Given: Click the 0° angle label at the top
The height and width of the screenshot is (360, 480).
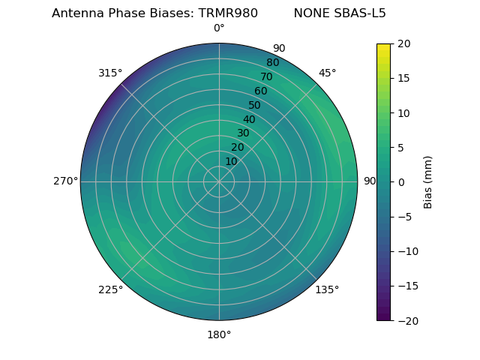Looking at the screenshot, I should coord(219,28).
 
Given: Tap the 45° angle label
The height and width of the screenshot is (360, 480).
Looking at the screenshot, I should coord(327,73).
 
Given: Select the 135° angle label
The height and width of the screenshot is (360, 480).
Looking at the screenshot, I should coord(327,289).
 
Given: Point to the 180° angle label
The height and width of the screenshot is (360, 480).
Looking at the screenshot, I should coord(219,334).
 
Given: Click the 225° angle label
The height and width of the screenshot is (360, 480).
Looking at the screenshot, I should coord(110,289).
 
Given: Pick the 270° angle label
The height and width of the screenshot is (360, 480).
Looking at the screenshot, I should coord(65,181).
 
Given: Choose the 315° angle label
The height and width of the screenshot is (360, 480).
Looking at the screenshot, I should coord(110,73).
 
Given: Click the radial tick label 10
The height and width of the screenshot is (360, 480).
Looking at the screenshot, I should coord(231,162).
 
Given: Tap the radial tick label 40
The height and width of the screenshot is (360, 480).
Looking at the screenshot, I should coord(249,119).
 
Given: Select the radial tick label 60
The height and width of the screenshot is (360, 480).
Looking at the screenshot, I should coord(260,91).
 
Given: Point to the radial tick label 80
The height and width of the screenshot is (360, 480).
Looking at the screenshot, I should coord(272,63).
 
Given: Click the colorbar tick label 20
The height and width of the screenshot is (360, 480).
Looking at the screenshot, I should coord(403,43).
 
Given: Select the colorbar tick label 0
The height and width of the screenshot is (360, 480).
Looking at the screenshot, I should coord(400,182).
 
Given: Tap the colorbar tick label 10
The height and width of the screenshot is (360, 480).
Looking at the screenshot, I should coord(403,112).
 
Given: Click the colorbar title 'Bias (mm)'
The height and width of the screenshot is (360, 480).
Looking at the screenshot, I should coord(428,182).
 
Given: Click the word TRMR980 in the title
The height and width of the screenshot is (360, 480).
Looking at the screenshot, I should coord(228,13).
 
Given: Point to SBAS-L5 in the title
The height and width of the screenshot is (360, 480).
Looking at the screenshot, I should coord(359,13).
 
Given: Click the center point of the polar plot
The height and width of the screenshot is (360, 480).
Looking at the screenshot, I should coord(219,181).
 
